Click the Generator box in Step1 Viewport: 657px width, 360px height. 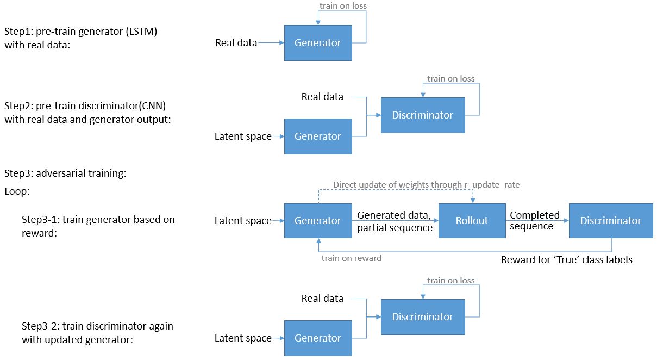click(317, 42)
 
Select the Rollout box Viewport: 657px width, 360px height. click(472, 220)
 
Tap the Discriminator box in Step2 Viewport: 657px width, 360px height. click(422, 115)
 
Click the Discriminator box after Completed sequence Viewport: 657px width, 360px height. click(610, 220)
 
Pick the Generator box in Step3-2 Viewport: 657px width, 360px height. click(317, 338)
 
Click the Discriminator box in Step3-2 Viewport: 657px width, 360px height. click(422, 316)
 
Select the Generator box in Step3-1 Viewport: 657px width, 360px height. click(317, 220)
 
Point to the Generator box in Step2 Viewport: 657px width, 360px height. click(317, 136)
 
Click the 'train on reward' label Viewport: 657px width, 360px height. click(351, 258)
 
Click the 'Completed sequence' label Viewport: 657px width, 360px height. click(534, 221)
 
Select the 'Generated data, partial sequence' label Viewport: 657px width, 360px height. click(395, 221)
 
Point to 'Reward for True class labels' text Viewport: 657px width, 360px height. click(566, 260)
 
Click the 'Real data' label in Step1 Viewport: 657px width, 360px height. click(236, 42)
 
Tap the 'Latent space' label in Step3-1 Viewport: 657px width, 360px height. click(243, 221)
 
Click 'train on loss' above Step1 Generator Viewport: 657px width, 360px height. click(343, 6)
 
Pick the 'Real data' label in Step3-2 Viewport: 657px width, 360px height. click(322, 298)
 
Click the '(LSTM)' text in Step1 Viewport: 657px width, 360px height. click(141, 32)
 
